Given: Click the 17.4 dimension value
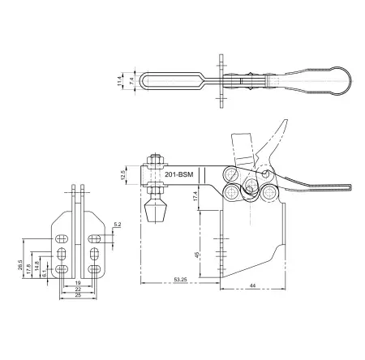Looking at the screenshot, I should tap(198, 195).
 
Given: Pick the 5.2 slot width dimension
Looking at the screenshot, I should tap(118, 224).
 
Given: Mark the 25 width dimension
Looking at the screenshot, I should tap(79, 296).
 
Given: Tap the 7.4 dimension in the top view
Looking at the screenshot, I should tap(131, 82).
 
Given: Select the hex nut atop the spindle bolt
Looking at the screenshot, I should tap(152, 160).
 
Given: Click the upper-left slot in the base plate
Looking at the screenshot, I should tap(62, 240).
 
